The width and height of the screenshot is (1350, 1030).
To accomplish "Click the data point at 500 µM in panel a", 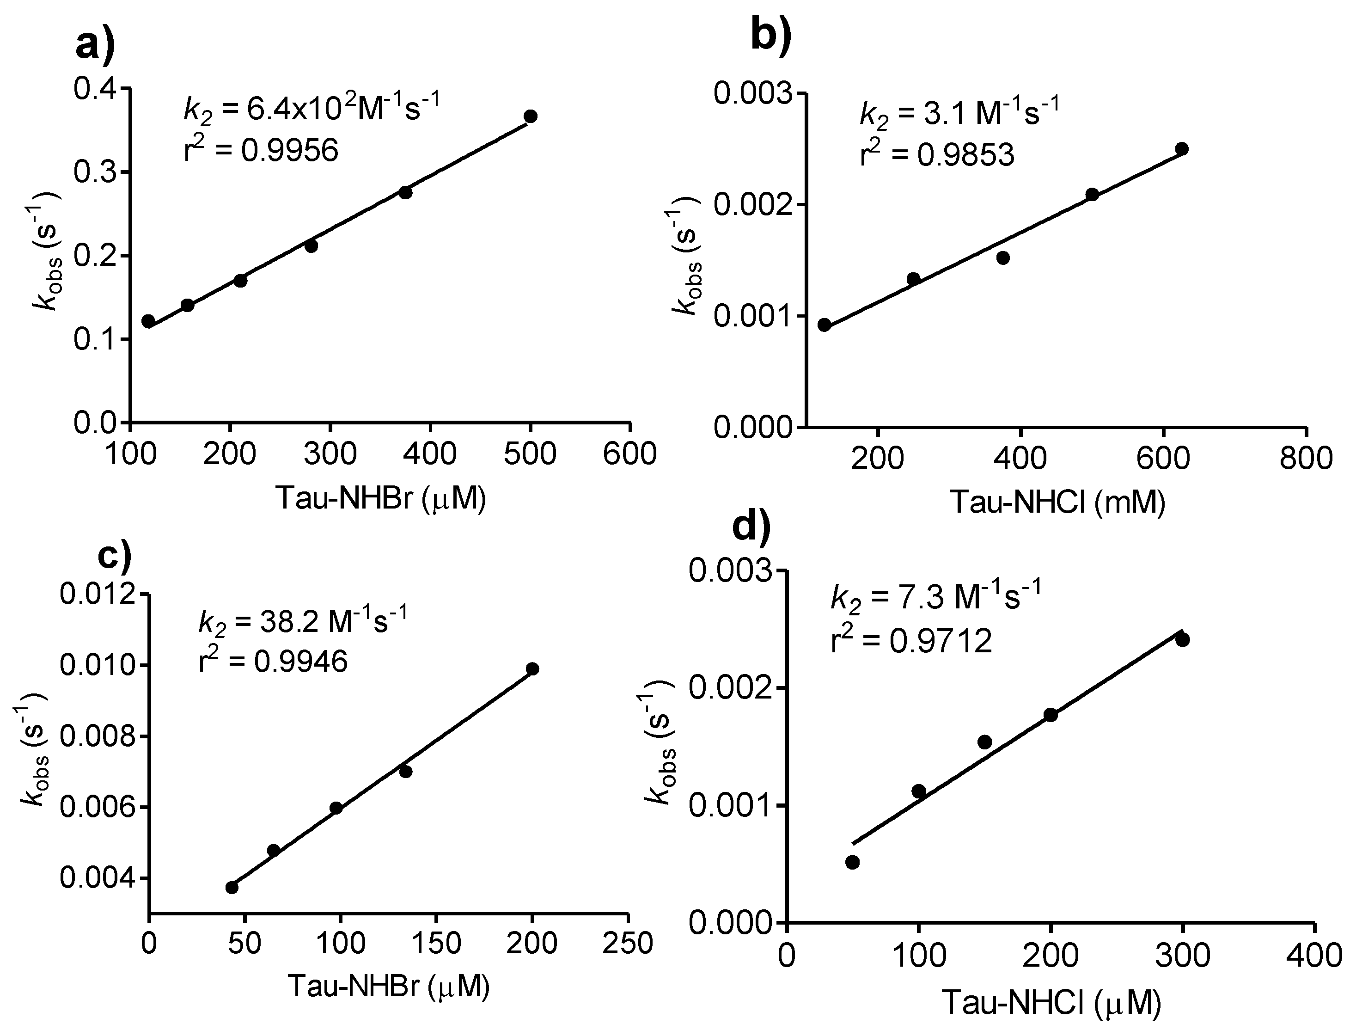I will [x=531, y=116].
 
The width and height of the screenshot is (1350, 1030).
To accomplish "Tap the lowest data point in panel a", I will [x=148, y=321].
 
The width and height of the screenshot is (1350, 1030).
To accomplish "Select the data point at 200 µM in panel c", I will [x=532, y=669].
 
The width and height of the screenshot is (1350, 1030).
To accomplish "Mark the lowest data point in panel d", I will [x=852, y=863].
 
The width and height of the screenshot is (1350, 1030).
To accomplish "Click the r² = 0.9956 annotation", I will [x=261, y=150].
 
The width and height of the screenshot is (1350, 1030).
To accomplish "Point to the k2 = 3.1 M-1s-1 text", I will [x=959, y=113].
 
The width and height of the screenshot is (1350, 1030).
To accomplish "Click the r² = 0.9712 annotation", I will [x=911, y=641].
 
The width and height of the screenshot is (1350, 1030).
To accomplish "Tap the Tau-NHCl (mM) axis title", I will [x=1057, y=502].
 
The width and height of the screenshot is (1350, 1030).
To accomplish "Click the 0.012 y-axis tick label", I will [x=98, y=595].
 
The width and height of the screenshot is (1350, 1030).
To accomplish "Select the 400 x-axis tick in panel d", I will [x=1314, y=956].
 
